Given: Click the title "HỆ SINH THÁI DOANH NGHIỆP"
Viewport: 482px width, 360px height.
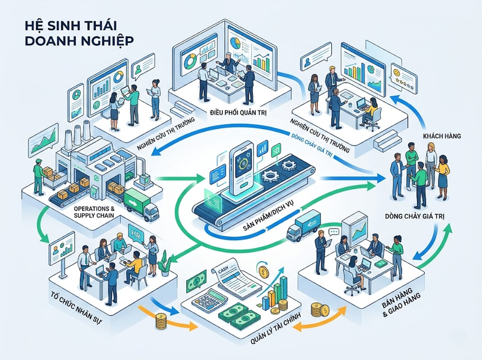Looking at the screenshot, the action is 79,33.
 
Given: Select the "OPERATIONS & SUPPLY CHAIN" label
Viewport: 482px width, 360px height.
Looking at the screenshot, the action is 94,212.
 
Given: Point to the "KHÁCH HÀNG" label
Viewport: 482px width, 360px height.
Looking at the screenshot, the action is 442,136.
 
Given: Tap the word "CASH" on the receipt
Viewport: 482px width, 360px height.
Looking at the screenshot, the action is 224,271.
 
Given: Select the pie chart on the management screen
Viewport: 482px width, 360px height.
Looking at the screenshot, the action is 236,42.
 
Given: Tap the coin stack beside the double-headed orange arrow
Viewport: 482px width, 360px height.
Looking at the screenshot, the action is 318,310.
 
